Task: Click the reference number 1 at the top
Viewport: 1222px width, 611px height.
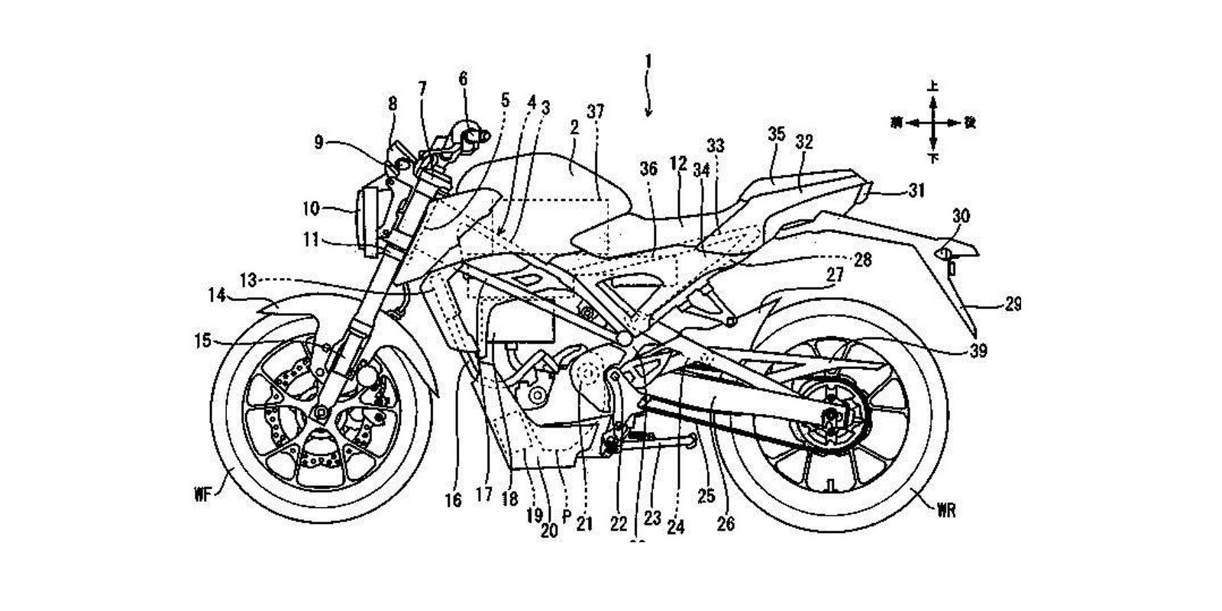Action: (648, 60)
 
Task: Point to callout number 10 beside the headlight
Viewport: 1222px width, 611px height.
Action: (312, 207)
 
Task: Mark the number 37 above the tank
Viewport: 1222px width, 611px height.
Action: (595, 112)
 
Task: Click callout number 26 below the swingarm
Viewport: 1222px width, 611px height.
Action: (725, 524)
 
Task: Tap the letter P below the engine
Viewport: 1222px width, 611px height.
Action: (566, 516)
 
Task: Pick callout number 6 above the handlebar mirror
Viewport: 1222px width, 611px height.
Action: (464, 78)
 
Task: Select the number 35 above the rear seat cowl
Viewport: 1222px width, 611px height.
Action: (776, 134)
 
